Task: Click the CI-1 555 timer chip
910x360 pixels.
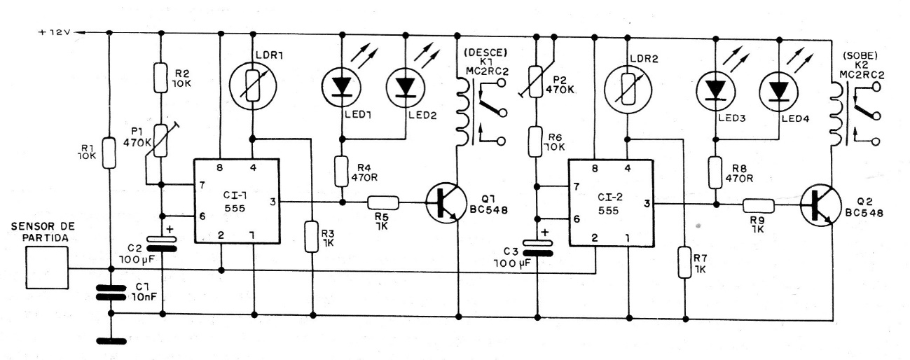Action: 236,201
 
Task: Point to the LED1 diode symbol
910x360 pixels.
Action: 342,86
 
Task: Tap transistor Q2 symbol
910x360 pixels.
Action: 820,204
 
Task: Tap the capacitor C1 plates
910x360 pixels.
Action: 110,291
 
